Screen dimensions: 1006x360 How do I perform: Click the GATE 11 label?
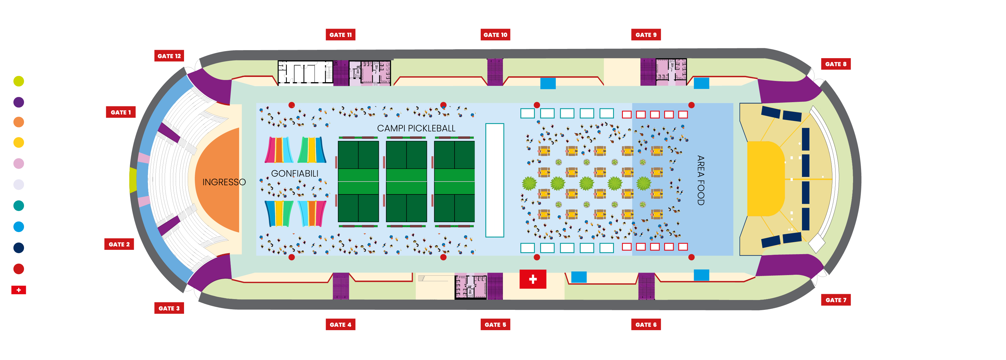click(x=341, y=35)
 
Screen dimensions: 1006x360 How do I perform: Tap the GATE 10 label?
click(x=495, y=35)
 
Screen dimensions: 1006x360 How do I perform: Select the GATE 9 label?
click(x=646, y=35)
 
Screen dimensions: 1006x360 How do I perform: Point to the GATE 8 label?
click(x=836, y=64)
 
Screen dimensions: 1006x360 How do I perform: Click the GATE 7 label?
click(x=836, y=300)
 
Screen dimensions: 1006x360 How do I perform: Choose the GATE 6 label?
click(x=646, y=325)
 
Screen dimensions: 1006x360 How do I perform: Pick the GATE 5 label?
click(x=495, y=325)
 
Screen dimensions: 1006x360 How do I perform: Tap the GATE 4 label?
click(x=341, y=325)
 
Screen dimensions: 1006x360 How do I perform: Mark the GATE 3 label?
click(x=169, y=308)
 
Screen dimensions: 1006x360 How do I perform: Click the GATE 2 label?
click(x=119, y=244)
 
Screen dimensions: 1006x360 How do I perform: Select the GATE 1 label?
click(x=121, y=112)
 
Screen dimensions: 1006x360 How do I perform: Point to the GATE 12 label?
click(x=169, y=56)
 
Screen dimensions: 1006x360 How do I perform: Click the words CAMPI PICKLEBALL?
click(x=416, y=128)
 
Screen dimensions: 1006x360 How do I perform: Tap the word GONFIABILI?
click(x=295, y=173)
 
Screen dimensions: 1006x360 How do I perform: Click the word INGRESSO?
click(x=224, y=182)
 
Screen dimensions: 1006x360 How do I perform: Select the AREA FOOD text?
click(x=701, y=180)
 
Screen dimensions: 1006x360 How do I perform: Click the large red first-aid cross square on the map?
click(x=533, y=279)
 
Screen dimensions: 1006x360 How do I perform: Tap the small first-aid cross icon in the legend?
click(x=19, y=290)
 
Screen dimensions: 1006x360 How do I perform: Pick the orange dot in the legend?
click(x=19, y=122)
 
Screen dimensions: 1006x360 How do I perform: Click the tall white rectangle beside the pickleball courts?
click(x=495, y=180)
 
